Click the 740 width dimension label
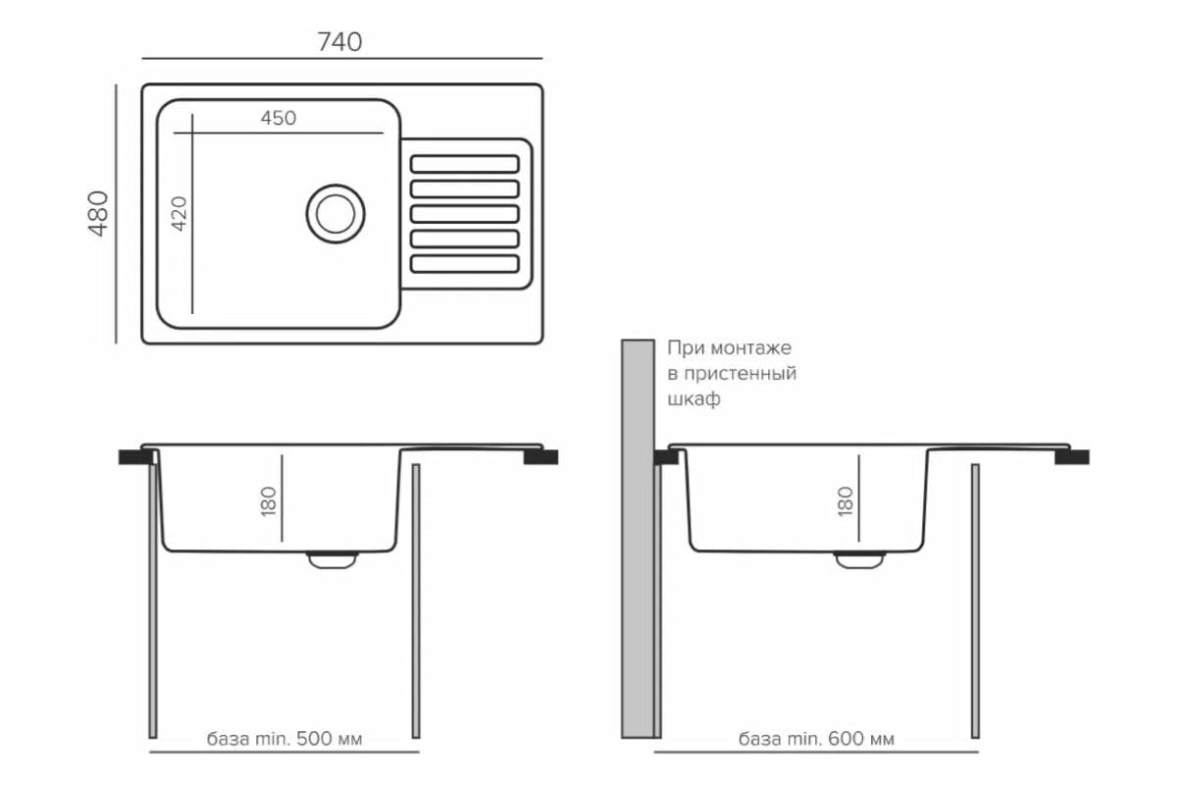[x=339, y=41]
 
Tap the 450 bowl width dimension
[x=279, y=118]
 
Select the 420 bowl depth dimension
[x=179, y=213]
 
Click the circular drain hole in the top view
[x=334, y=212]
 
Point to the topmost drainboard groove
[x=464, y=163]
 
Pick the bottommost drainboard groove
[x=464, y=263]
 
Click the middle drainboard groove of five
[x=464, y=213]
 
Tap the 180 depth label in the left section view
[x=270, y=500]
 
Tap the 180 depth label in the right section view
[x=845, y=500]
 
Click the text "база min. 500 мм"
[x=284, y=739]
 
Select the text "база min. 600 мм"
[x=816, y=739]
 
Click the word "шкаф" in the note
[x=693, y=399]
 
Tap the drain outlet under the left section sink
[x=332, y=559]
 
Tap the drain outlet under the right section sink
[x=859, y=559]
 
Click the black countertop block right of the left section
[x=540, y=456]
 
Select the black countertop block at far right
[x=1071, y=456]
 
